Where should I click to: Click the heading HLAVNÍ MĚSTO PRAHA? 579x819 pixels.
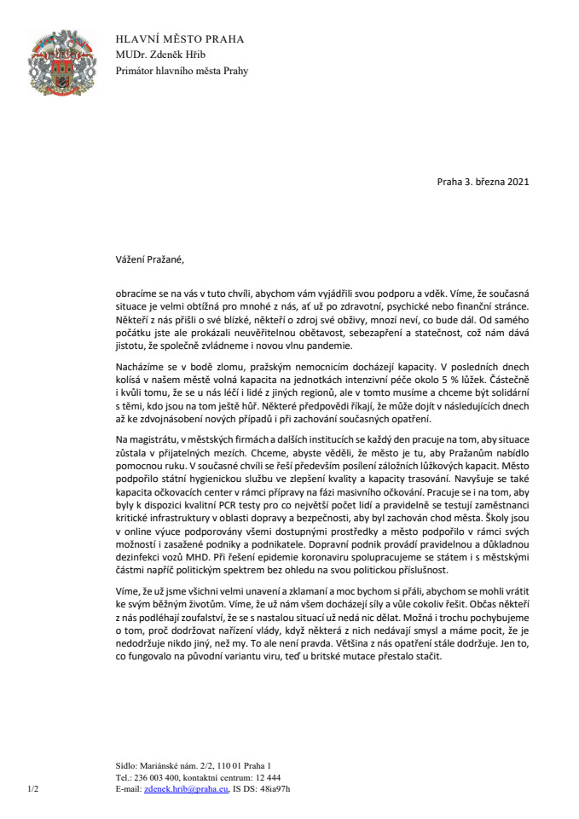180,39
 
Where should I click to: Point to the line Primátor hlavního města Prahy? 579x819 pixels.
182,71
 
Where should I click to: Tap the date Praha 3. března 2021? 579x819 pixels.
488,183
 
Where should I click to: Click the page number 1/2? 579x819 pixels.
35,790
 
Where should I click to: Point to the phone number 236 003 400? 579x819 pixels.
155,778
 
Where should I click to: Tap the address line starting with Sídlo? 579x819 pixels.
193,766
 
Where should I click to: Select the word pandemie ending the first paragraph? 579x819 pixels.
324,345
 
